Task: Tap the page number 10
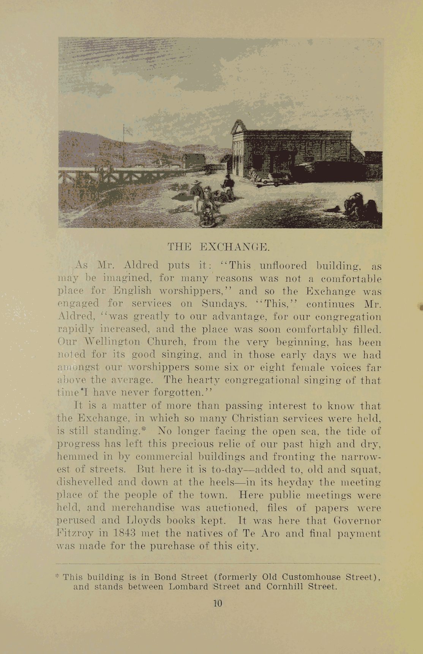217,603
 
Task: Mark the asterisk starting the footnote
58,576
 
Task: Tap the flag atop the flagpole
128,131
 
